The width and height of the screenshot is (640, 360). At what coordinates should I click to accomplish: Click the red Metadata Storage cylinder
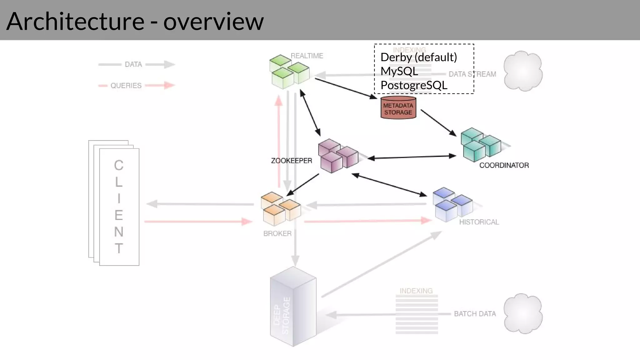(x=398, y=108)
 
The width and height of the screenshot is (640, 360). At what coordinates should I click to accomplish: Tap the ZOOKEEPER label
(x=291, y=161)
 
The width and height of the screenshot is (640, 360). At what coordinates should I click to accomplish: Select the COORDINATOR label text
(x=504, y=165)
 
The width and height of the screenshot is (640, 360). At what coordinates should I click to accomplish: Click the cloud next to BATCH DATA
(x=523, y=313)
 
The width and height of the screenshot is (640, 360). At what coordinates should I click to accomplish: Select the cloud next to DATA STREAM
(x=523, y=71)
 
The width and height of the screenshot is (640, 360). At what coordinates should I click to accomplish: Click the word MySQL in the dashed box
(x=399, y=71)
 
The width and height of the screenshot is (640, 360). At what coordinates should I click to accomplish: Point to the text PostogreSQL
(x=414, y=85)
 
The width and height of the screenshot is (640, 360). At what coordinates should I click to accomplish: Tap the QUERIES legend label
(x=126, y=86)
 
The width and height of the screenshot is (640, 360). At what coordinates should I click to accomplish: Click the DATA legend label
(x=133, y=64)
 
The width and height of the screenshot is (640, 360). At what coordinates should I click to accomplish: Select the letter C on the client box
(x=119, y=165)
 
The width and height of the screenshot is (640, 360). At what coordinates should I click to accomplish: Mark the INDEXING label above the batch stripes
(x=416, y=291)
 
